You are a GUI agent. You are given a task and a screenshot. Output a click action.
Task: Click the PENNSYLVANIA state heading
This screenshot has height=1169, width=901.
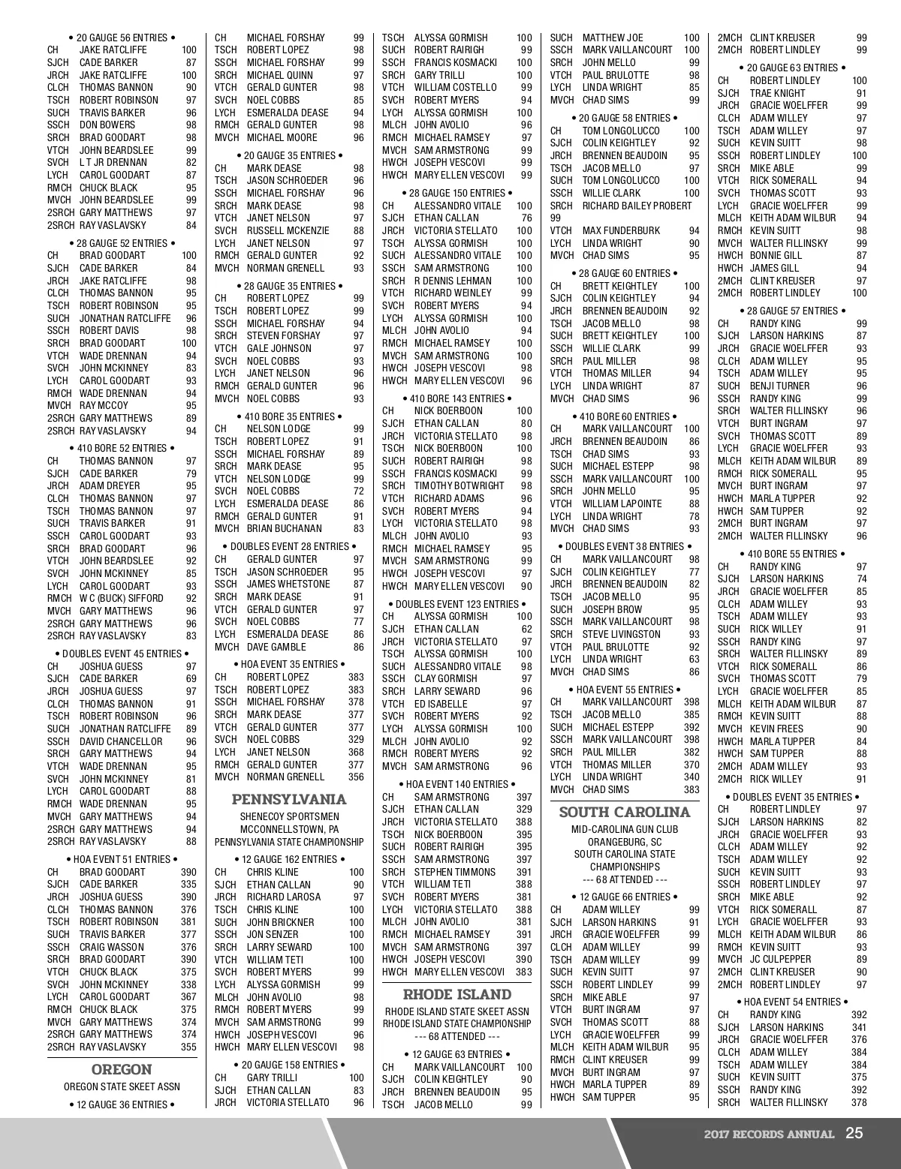click(289, 799)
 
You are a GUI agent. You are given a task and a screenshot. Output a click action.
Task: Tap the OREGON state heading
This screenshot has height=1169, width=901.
click(121, 1069)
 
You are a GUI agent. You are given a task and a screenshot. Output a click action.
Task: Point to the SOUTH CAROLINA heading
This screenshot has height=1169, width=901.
click(625, 812)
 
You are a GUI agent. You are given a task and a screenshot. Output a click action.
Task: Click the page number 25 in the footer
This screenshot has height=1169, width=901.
click(854, 1133)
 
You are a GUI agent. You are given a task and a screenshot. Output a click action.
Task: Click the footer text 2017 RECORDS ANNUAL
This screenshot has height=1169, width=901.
click(769, 1134)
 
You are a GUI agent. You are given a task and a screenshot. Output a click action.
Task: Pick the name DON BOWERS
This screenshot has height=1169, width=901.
click(107, 125)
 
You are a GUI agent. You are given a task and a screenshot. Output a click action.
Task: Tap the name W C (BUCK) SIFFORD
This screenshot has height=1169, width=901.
click(121, 599)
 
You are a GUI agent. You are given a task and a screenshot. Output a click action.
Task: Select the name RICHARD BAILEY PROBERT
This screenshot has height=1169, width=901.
click(637, 206)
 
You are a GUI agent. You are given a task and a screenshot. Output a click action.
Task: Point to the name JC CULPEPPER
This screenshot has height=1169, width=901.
click(780, 960)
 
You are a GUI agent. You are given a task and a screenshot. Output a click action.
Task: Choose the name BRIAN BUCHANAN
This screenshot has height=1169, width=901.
click(284, 529)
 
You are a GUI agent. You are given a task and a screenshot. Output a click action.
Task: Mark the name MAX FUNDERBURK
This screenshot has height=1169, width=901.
click(621, 231)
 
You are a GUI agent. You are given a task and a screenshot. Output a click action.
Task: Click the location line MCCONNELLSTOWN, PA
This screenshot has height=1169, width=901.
click(289, 829)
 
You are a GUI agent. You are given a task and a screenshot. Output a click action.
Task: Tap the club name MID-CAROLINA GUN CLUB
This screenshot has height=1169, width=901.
click(624, 829)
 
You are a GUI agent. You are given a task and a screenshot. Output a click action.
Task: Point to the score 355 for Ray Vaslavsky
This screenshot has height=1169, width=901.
click(188, 1047)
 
